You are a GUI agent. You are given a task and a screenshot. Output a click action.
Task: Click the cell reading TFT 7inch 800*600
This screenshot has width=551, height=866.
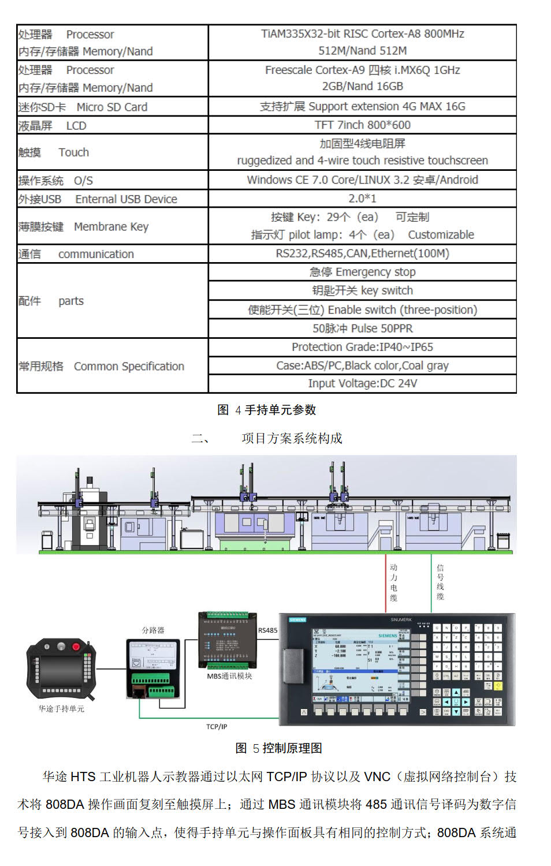pyautogui.click(x=362, y=125)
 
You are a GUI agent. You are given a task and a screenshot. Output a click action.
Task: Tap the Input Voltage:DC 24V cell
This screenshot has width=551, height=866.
pyautogui.click(x=362, y=383)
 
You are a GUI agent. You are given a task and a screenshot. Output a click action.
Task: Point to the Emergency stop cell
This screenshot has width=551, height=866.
pyautogui.click(x=362, y=272)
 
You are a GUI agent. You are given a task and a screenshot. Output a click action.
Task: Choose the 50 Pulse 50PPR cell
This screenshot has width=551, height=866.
pyautogui.click(x=362, y=329)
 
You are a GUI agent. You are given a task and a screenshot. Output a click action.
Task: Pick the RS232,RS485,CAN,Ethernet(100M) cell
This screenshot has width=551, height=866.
pyautogui.click(x=362, y=253)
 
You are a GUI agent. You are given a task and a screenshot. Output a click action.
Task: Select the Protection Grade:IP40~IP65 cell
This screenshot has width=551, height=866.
pyautogui.click(x=362, y=347)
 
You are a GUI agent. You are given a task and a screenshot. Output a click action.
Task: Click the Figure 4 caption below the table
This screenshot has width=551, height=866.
pyautogui.click(x=267, y=410)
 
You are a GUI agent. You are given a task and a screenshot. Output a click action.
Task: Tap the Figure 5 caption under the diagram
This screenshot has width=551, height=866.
pyautogui.click(x=279, y=748)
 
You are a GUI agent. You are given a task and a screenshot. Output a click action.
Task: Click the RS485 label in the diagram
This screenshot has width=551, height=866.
pyautogui.click(x=267, y=630)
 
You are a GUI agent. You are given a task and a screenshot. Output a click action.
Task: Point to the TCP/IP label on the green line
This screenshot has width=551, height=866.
pyautogui.click(x=217, y=726)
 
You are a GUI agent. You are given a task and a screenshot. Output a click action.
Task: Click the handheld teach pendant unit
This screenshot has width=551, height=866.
pyautogui.click(x=61, y=670)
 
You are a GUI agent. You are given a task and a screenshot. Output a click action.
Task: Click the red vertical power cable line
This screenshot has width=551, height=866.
pyautogui.click(x=386, y=583)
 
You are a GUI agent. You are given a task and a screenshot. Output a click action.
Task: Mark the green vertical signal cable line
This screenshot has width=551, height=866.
pyautogui.click(x=431, y=583)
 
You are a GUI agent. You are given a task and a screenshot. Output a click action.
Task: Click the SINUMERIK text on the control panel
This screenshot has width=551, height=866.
pyautogui.click(x=401, y=619)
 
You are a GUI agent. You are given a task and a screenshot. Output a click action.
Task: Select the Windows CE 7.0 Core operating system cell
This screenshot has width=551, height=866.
pyautogui.click(x=362, y=180)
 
